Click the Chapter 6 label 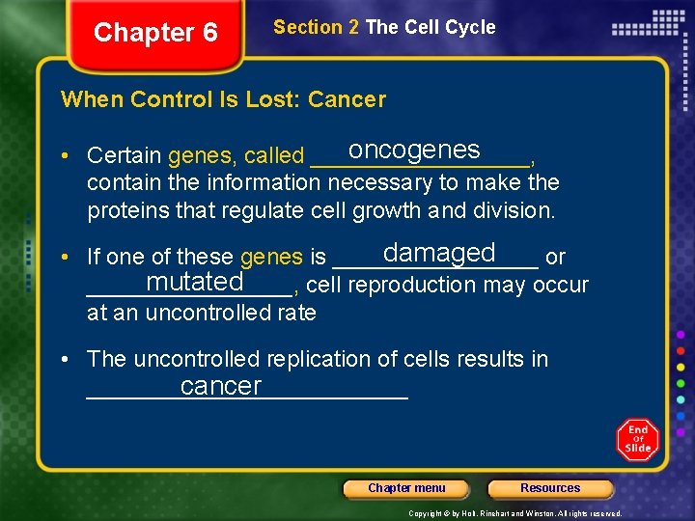click(155, 33)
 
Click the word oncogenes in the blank click(414, 151)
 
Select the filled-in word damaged click(438, 253)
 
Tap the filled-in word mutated click(194, 282)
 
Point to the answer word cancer click(220, 387)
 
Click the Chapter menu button click(406, 488)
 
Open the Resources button click(550, 488)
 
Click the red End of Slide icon click(637, 440)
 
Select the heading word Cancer click(352, 99)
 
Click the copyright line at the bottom click(515, 513)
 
